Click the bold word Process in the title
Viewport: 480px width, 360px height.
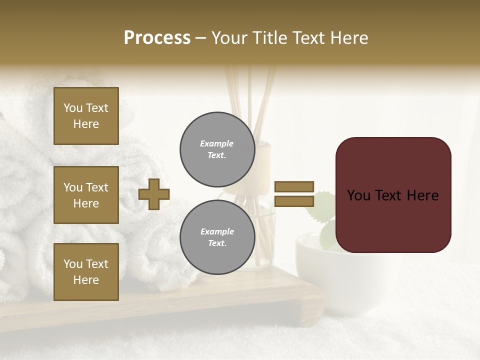click(x=157, y=37)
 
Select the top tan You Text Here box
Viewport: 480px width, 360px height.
click(x=86, y=116)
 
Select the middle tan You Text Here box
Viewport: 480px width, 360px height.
click(x=86, y=195)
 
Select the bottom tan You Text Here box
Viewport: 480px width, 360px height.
click(x=86, y=272)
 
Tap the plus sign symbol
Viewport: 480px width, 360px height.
click(x=154, y=194)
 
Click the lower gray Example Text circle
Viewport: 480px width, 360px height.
click(x=217, y=237)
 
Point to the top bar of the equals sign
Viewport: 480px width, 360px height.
click(x=294, y=186)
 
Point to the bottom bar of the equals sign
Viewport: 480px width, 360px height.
click(x=294, y=201)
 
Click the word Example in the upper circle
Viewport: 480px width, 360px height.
click(x=217, y=143)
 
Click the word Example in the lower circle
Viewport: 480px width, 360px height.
click(x=217, y=231)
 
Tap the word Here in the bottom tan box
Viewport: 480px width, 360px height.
click(x=86, y=280)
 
